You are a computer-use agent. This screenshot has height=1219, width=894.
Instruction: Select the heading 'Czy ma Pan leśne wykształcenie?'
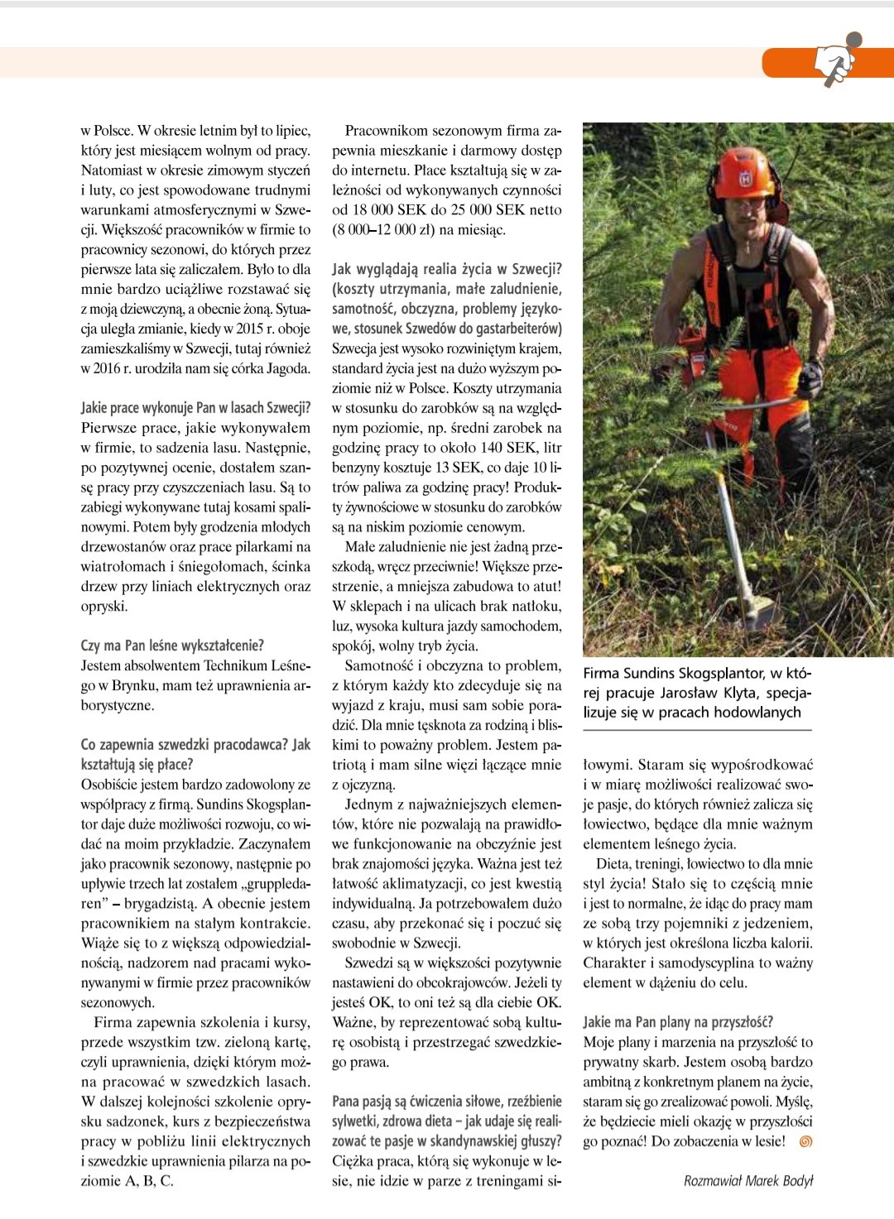coord(172,645)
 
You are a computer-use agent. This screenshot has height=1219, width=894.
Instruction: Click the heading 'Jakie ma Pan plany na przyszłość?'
coord(678,1022)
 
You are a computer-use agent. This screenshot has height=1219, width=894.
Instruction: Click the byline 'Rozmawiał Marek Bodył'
coord(748,1181)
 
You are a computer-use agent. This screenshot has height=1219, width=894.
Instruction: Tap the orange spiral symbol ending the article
coord(805,1142)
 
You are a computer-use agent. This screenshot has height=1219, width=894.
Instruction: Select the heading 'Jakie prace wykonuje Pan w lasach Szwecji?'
coord(195,408)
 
